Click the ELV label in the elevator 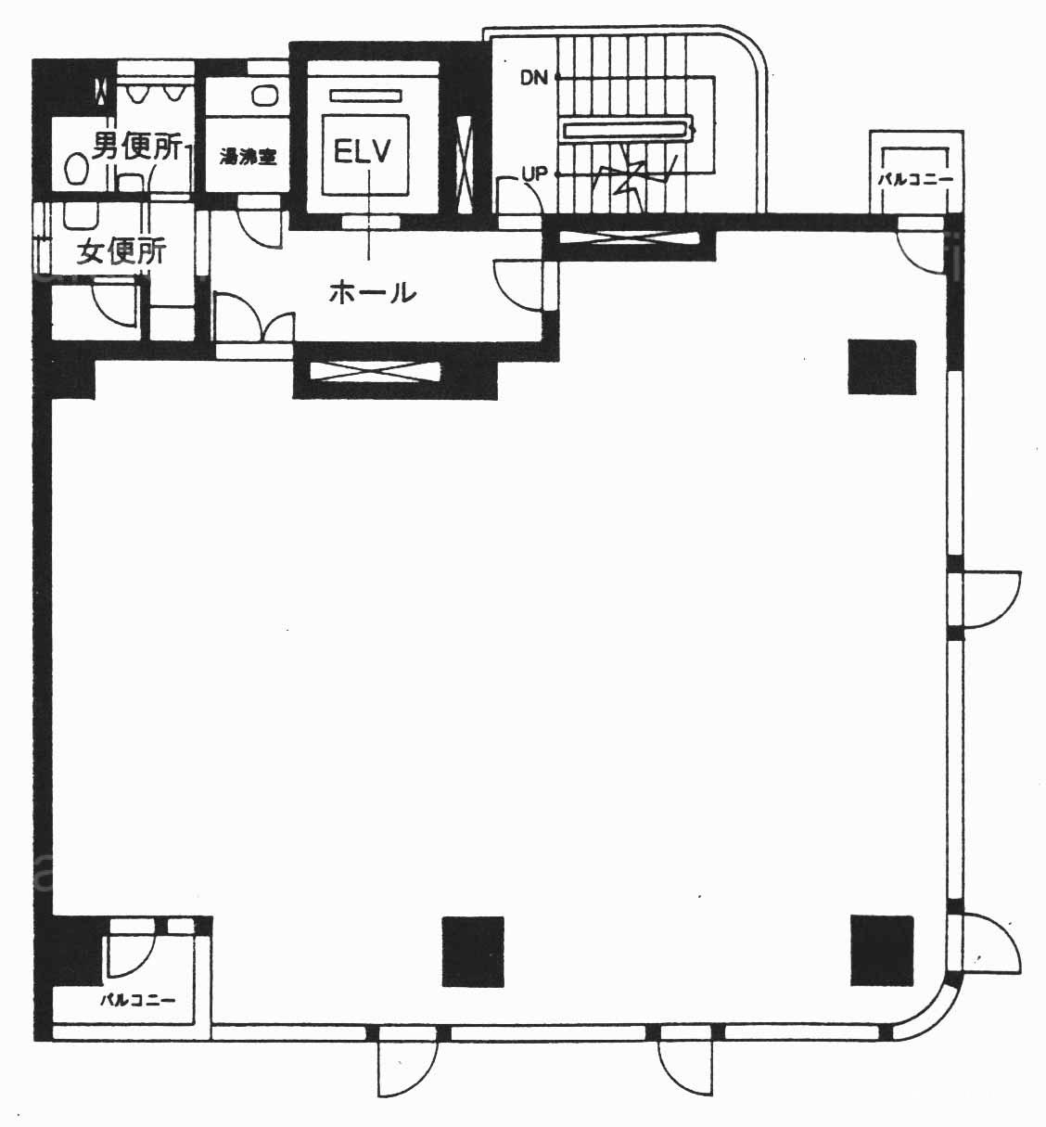(362, 151)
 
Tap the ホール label (373, 293)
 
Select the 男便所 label (137, 146)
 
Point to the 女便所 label (121, 251)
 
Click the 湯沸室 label (248, 157)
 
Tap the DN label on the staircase (533, 78)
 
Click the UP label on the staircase (533, 174)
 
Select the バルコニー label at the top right (915, 181)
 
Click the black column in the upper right (882, 366)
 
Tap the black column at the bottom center (473, 951)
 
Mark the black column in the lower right (882, 950)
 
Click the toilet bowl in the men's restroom (76, 169)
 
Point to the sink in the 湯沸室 (264, 96)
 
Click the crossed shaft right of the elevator (465, 164)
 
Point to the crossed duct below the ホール (376, 372)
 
